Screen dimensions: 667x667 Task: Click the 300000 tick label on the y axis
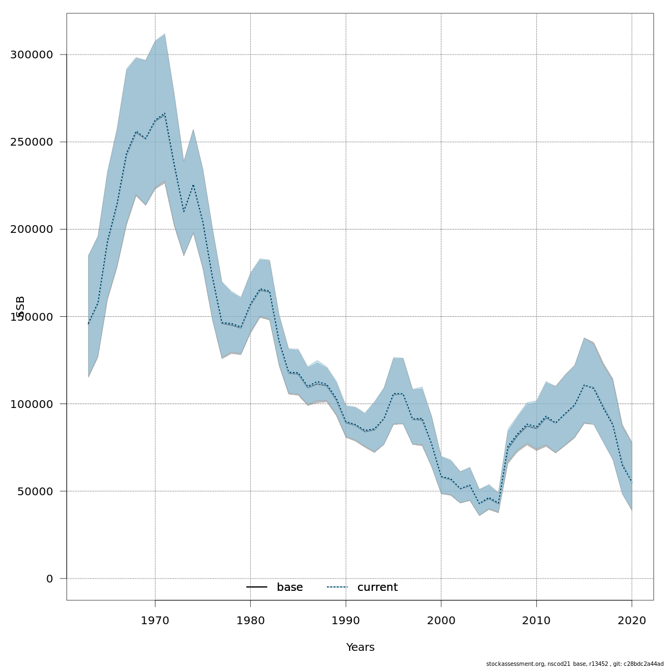tap(32, 54)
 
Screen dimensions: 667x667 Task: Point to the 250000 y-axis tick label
tap(32, 142)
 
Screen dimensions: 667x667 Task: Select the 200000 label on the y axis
tap(32, 229)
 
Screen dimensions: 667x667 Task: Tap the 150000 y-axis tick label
tap(32, 316)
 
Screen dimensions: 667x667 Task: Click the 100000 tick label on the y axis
tap(32, 404)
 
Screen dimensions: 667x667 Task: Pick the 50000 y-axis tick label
tap(35, 491)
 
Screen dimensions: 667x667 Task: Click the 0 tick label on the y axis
tap(50, 579)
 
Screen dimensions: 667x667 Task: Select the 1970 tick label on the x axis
tap(155, 620)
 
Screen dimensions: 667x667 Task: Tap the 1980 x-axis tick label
tap(250, 620)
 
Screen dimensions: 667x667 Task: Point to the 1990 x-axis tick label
tap(346, 620)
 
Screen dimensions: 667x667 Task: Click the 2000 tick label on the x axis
tap(441, 620)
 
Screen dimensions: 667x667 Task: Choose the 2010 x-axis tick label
tap(536, 620)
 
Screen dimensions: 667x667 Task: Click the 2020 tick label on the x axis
tap(632, 620)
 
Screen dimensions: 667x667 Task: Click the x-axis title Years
tap(360, 648)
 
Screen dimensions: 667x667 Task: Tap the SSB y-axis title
tap(21, 307)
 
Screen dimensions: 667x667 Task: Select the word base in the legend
tap(290, 588)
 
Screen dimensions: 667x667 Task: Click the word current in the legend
tap(377, 588)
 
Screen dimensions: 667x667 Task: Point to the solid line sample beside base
tap(257, 588)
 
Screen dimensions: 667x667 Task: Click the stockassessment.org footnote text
tap(575, 664)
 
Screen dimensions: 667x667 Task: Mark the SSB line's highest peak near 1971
tap(165, 113)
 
